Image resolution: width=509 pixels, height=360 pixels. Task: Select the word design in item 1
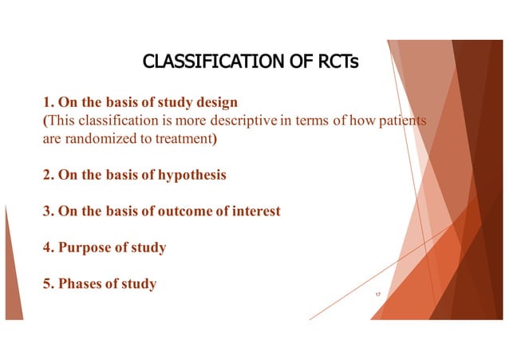(x=215, y=103)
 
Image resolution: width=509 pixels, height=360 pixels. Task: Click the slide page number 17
(x=377, y=295)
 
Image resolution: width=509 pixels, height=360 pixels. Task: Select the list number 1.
(x=45, y=103)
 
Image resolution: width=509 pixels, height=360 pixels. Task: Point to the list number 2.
(x=45, y=175)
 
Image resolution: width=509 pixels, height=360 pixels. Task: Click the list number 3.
(x=45, y=211)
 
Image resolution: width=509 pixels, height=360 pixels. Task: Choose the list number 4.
(x=45, y=247)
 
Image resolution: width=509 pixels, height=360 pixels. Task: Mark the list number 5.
(x=45, y=283)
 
